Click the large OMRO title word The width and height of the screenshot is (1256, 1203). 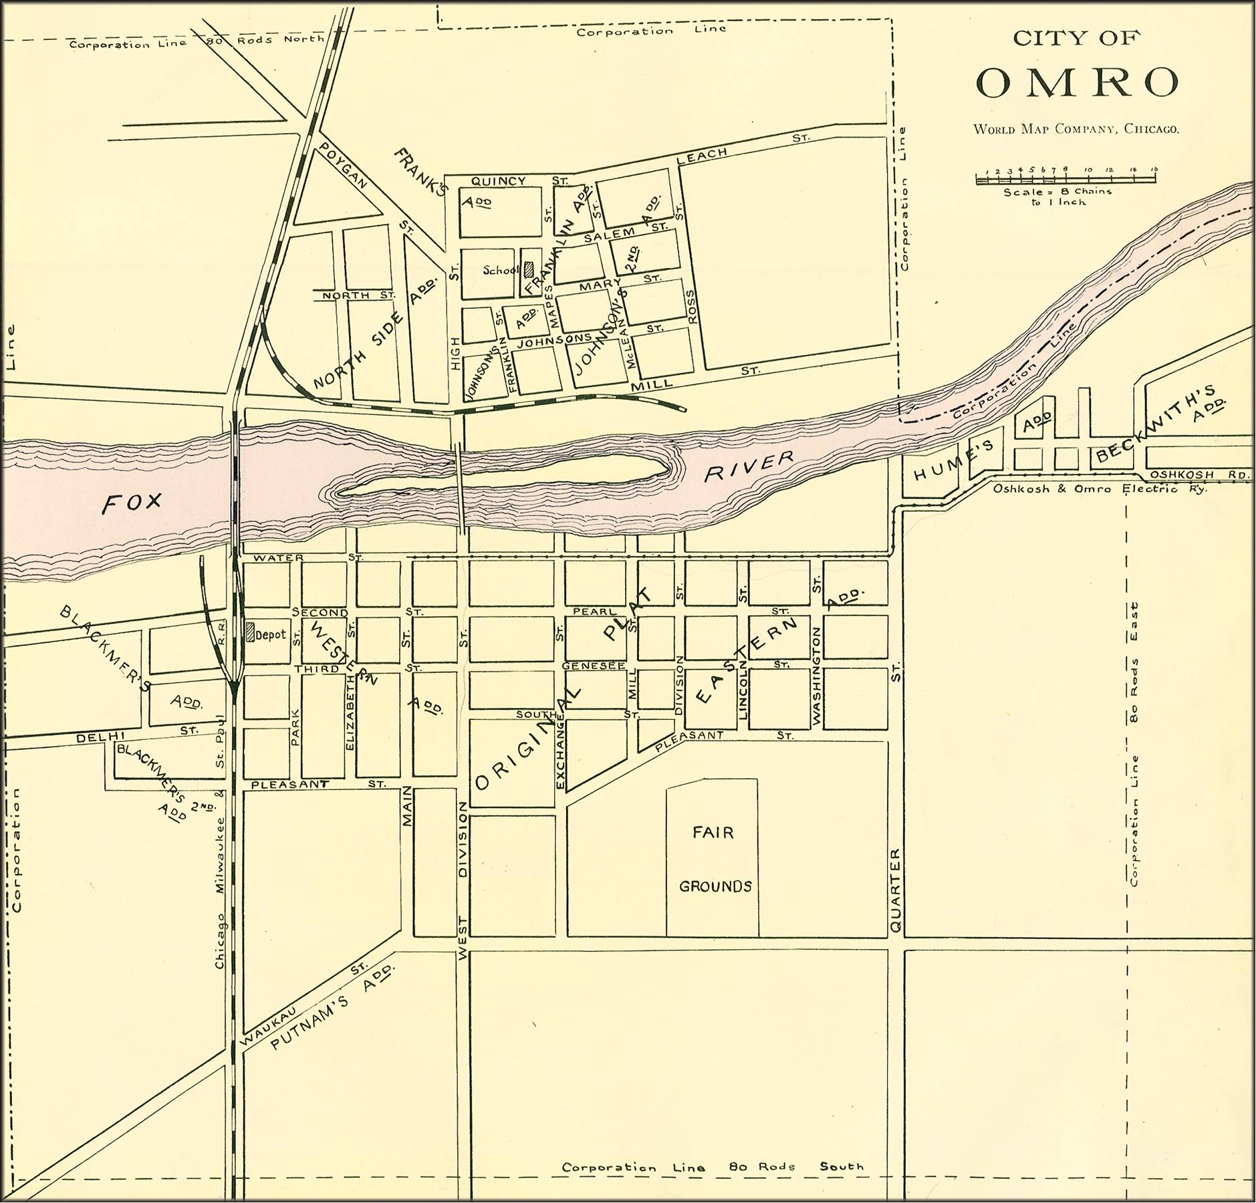1078,82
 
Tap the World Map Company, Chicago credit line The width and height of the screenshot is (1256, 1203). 1076,129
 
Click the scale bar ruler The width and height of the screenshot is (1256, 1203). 1066,178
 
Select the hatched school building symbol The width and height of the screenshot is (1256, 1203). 529,269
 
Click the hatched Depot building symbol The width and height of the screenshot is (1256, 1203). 251,632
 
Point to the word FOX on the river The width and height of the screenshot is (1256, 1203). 132,503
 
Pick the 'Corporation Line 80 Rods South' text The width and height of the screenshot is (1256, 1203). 713,1166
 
